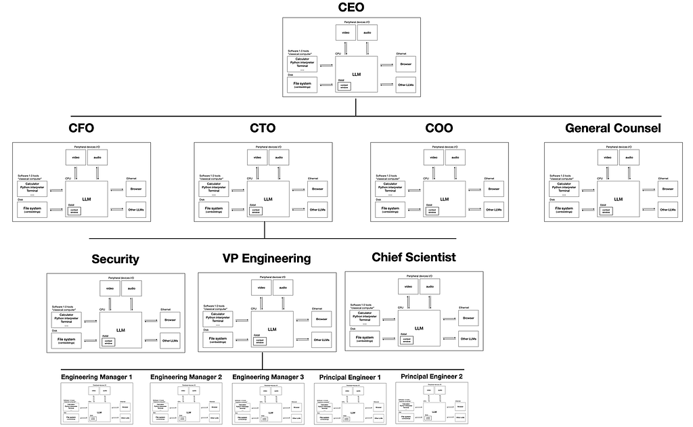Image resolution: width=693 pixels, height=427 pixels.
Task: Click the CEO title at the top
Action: tap(351, 8)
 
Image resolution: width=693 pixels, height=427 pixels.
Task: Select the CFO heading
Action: tap(81, 129)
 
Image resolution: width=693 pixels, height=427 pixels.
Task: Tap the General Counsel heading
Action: tap(612, 129)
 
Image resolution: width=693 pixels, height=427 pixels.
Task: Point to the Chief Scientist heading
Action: tap(413, 257)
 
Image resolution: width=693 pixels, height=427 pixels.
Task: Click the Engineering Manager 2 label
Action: tap(186, 376)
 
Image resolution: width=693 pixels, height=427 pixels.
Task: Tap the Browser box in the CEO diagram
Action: tap(406, 65)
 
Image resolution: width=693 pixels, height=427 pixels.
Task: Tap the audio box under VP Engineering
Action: tap(283, 288)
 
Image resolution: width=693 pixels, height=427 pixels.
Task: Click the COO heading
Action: tap(439, 129)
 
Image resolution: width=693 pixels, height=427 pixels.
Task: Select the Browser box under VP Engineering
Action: tap(321, 319)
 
